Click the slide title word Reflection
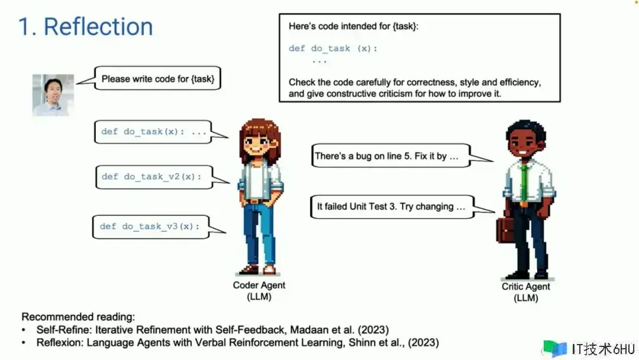pyautogui.click(x=98, y=27)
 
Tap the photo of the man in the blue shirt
pyautogui.click(x=53, y=95)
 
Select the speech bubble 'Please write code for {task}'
pyautogui.click(x=158, y=78)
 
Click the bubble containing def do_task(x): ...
pyautogui.click(x=153, y=131)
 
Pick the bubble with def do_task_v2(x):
pyautogui.click(x=154, y=177)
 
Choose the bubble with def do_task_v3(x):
pyautogui.click(x=151, y=227)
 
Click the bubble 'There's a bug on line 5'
pyautogui.click(x=390, y=156)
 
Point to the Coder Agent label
pyautogui.click(x=259, y=291)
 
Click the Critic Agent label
pyautogui.click(x=526, y=292)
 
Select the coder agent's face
pyautogui.click(x=257, y=144)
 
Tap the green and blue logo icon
pyautogui.click(x=554, y=349)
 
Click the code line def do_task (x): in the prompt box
pyautogui.click(x=333, y=49)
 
